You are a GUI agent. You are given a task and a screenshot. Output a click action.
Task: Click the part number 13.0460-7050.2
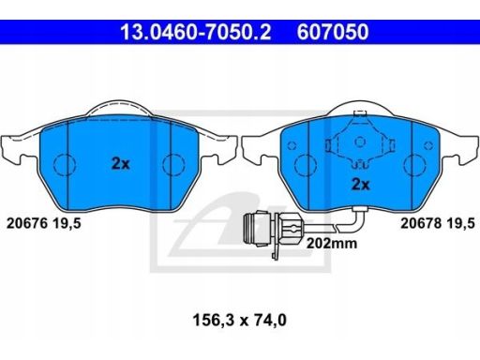[196, 32]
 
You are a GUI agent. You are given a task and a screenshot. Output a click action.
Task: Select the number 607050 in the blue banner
[333, 32]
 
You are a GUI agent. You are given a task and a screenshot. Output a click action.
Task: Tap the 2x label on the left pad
[121, 163]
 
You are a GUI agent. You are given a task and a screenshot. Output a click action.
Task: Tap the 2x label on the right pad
[361, 185]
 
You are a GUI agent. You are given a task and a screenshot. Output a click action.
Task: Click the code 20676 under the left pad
[27, 223]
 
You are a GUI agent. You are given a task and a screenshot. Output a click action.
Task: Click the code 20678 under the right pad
[421, 223]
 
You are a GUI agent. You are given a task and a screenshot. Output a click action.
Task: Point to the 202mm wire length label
[332, 243]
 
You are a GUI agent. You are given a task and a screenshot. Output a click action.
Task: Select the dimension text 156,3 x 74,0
[240, 320]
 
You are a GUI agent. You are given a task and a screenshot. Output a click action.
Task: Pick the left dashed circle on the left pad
[65, 164]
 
